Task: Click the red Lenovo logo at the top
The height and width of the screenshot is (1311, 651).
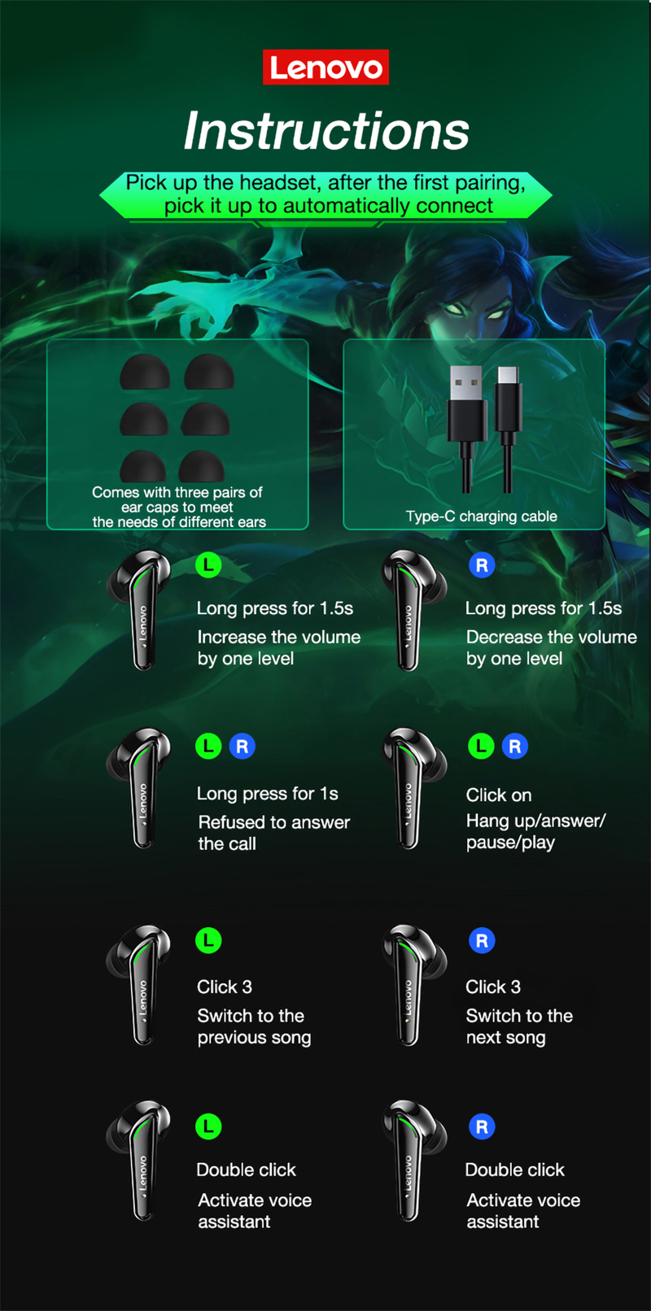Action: (x=325, y=68)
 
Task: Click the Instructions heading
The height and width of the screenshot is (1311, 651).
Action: (x=325, y=131)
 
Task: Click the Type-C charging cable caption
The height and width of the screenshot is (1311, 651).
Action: (x=481, y=516)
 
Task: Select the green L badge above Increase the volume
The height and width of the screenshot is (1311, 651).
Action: (x=208, y=564)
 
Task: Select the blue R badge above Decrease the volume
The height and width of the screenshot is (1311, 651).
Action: (x=482, y=565)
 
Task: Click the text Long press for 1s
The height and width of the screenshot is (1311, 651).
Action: (x=267, y=794)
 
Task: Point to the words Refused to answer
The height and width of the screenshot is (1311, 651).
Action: (x=273, y=822)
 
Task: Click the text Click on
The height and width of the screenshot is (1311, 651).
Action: (x=498, y=795)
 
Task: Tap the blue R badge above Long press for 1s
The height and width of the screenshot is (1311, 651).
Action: (x=242, y=746)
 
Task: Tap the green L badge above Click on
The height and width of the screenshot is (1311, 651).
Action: (x=481, y=746)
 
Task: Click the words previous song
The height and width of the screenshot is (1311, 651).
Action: (x=254, y=1038)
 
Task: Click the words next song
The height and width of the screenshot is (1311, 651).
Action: (x=505, y=1038)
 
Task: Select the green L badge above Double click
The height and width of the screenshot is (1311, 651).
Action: (x=208, y=1126)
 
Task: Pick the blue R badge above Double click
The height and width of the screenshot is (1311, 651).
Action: (x=482, y=1126)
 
